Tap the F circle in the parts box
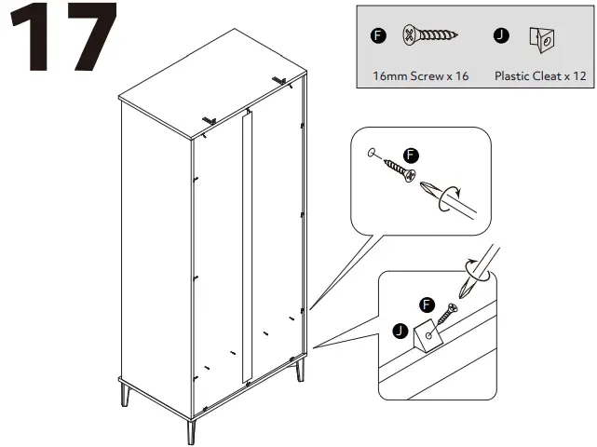(377, 35)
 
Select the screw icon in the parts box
(430, 36)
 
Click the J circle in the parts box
(502, 35)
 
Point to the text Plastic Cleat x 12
(540, 75)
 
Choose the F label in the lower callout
(427, 305)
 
